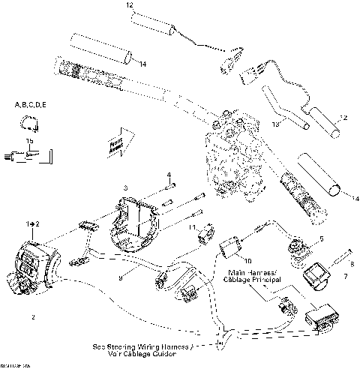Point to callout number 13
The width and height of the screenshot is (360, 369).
click(x=277, y=122)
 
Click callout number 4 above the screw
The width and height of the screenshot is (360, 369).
click(x=168, y=175)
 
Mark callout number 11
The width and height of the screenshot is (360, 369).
click(x=193, y=226)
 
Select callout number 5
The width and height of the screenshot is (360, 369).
click(x=321, y=238)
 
